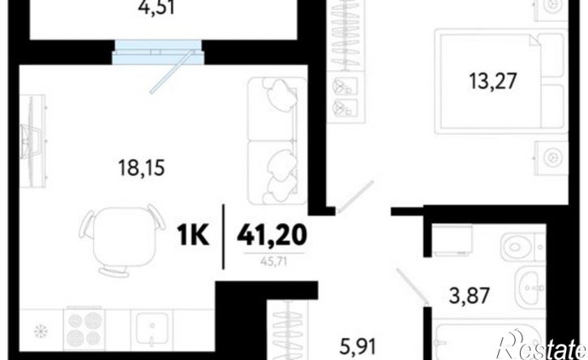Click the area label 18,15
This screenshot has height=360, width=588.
tap(141, 168)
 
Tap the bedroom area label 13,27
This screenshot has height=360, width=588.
tap(493, 81)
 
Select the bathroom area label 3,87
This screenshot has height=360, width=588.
tap(470, 295)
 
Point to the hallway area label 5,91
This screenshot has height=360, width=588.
tap(358, 346)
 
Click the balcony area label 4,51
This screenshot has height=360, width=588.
tap(157, 7)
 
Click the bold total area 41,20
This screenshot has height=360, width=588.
tap(272, 236)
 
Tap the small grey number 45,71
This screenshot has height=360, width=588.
tap(273, 261)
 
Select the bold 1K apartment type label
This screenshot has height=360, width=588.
tap(193, 236)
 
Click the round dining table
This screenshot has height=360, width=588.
tap(122, 237)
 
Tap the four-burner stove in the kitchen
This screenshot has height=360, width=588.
tap(84, 330)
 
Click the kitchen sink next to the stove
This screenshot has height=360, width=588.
tap(152, 330)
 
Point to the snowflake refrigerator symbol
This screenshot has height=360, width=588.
tap(40, 331)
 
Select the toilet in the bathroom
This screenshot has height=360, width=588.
tap(523, 246)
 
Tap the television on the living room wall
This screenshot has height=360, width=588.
tap(32, 141)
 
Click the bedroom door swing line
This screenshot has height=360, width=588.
tap(355, 196)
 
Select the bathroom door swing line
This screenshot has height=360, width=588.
tap(412, 285)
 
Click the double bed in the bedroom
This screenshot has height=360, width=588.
tap(501, 81)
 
